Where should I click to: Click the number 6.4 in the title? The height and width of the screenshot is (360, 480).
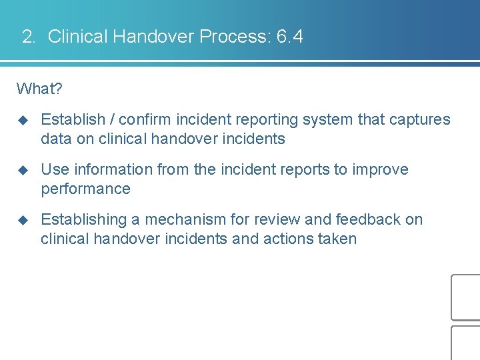pos(289,37)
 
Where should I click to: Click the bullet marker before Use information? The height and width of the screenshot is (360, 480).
pos(23,170)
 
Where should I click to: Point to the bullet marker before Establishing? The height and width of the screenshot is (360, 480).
pos(23,220)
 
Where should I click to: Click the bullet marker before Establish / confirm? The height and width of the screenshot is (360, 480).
pos(23,120)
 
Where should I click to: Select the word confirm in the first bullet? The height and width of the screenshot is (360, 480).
pos(147,120)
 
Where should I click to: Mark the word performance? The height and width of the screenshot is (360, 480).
pos(85,189)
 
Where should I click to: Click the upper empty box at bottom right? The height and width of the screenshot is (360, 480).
pos(466,297)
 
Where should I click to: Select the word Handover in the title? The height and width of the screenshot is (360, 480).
pos(153,37)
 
